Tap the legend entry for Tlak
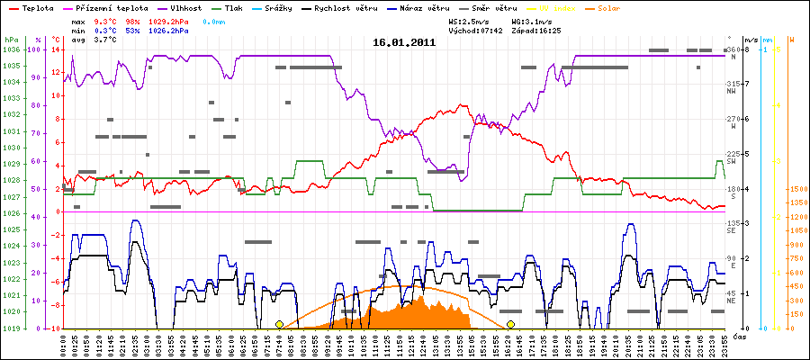(x=239, y=7)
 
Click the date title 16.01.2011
(x=404, y=41)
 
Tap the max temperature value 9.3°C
(x=106, y=19)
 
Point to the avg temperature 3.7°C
(x=106, y=41)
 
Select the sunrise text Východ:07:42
(x=462, y=31)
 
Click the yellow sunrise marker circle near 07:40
(x=280, y=324)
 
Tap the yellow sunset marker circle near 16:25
(x=511, y=324)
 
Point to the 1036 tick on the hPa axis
(x=11, y=49)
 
